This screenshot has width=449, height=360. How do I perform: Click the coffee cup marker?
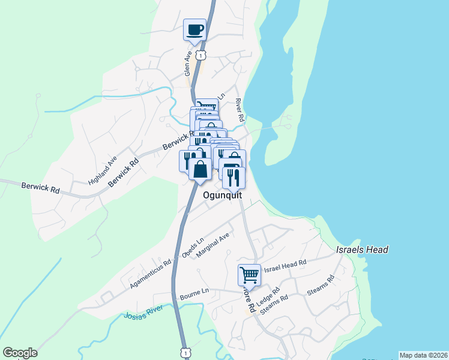click(x=194, y=29)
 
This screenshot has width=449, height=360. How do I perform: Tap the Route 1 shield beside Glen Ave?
click(x=205, y=55)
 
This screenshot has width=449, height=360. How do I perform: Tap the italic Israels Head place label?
click(x=362, y=250)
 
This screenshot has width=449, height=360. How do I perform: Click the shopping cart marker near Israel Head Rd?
click(x=249, y=275)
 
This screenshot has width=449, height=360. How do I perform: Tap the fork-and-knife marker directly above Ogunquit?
click(x=234, y=176)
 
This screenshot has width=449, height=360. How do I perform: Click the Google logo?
click(x=20, y=353)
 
